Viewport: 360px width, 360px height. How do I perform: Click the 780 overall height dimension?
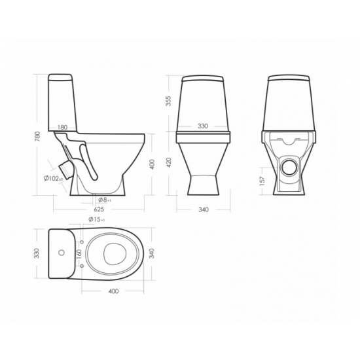coord(37,136)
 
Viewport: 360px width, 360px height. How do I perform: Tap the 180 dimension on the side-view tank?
coord(62,128)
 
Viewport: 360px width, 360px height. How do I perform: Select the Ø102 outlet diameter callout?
coord(53,179)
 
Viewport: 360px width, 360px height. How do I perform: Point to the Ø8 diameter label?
coord(105,200)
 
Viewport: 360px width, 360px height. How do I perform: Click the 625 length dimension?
coord(99,209)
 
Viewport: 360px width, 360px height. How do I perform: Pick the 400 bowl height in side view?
coord(152,164)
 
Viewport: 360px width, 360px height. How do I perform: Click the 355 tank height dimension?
coord(168,101)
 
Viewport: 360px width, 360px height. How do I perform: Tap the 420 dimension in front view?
coord(168,162)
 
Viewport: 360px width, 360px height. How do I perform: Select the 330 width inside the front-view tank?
coord(203,126)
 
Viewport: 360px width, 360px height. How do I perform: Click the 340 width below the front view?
coord(204,209)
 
